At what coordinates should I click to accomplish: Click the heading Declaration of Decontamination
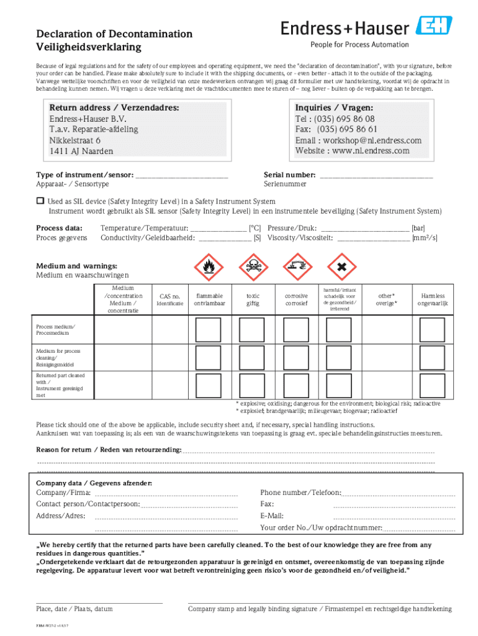(x=114, y=34)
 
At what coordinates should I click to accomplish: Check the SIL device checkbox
(x=40, y=201)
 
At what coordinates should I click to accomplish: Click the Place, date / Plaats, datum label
(x=74, y=609)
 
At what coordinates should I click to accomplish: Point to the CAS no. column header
(x=169, y=297)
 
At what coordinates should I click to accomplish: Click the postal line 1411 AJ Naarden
(x=81, y=151)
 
